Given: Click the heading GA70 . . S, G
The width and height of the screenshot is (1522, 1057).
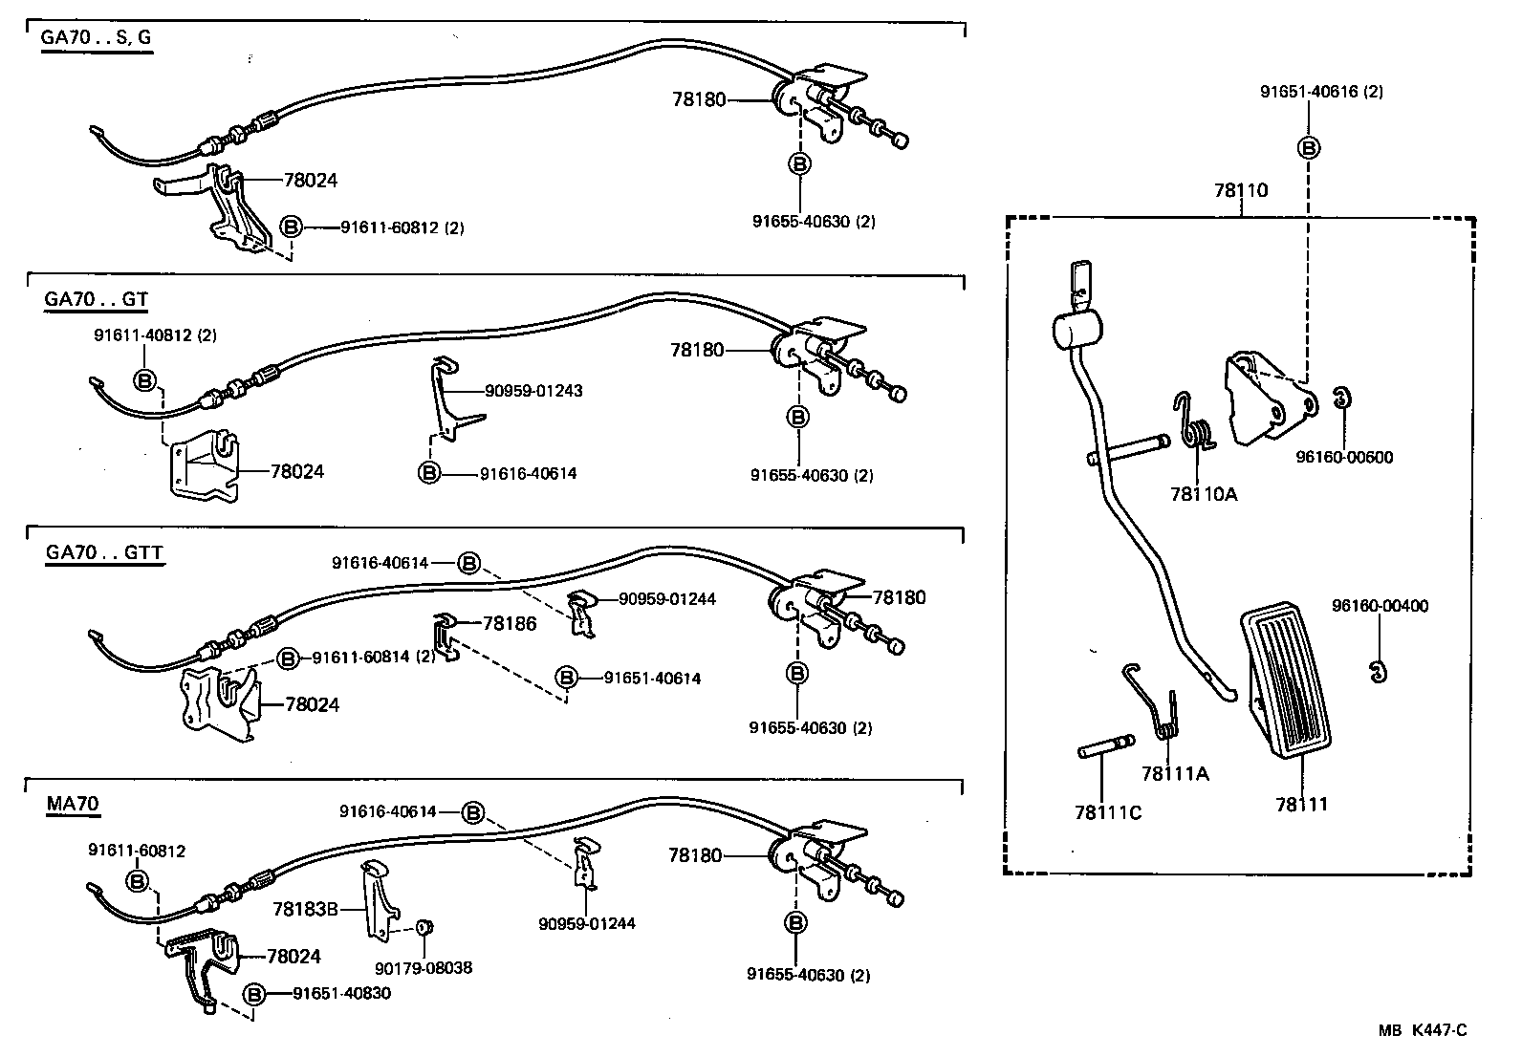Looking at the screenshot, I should pos(96,39).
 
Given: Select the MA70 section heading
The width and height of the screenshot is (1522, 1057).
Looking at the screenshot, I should pos(73,804).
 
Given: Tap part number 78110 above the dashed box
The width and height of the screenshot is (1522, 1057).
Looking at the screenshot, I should pos(1241,190).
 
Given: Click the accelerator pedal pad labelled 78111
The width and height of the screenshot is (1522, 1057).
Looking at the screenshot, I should pos(1287,682).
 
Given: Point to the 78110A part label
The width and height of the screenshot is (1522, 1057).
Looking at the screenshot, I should pos(1203,494).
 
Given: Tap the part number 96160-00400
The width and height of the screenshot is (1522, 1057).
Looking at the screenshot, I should pos(1380,606).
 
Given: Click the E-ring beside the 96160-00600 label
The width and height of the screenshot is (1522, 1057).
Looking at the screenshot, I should pos(1342,397).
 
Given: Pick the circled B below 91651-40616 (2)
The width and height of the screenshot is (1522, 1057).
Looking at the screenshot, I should pos(1309,148).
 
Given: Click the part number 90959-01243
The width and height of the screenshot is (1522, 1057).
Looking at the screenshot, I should pos(533,391).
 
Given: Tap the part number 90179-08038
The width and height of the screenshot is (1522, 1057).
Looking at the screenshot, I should pos(424,968).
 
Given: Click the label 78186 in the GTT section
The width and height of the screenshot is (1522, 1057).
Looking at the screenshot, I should pos(510,623).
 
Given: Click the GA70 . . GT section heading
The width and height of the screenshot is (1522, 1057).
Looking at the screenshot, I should pos(96,299).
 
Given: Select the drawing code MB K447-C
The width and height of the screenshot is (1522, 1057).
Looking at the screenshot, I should pos(1422,1029).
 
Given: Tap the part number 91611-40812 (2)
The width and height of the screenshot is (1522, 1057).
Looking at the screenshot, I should pos(155,335).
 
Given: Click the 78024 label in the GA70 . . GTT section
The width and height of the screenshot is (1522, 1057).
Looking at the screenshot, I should pos(312,704).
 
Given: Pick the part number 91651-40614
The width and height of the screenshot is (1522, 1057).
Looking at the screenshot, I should pos(652,679).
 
